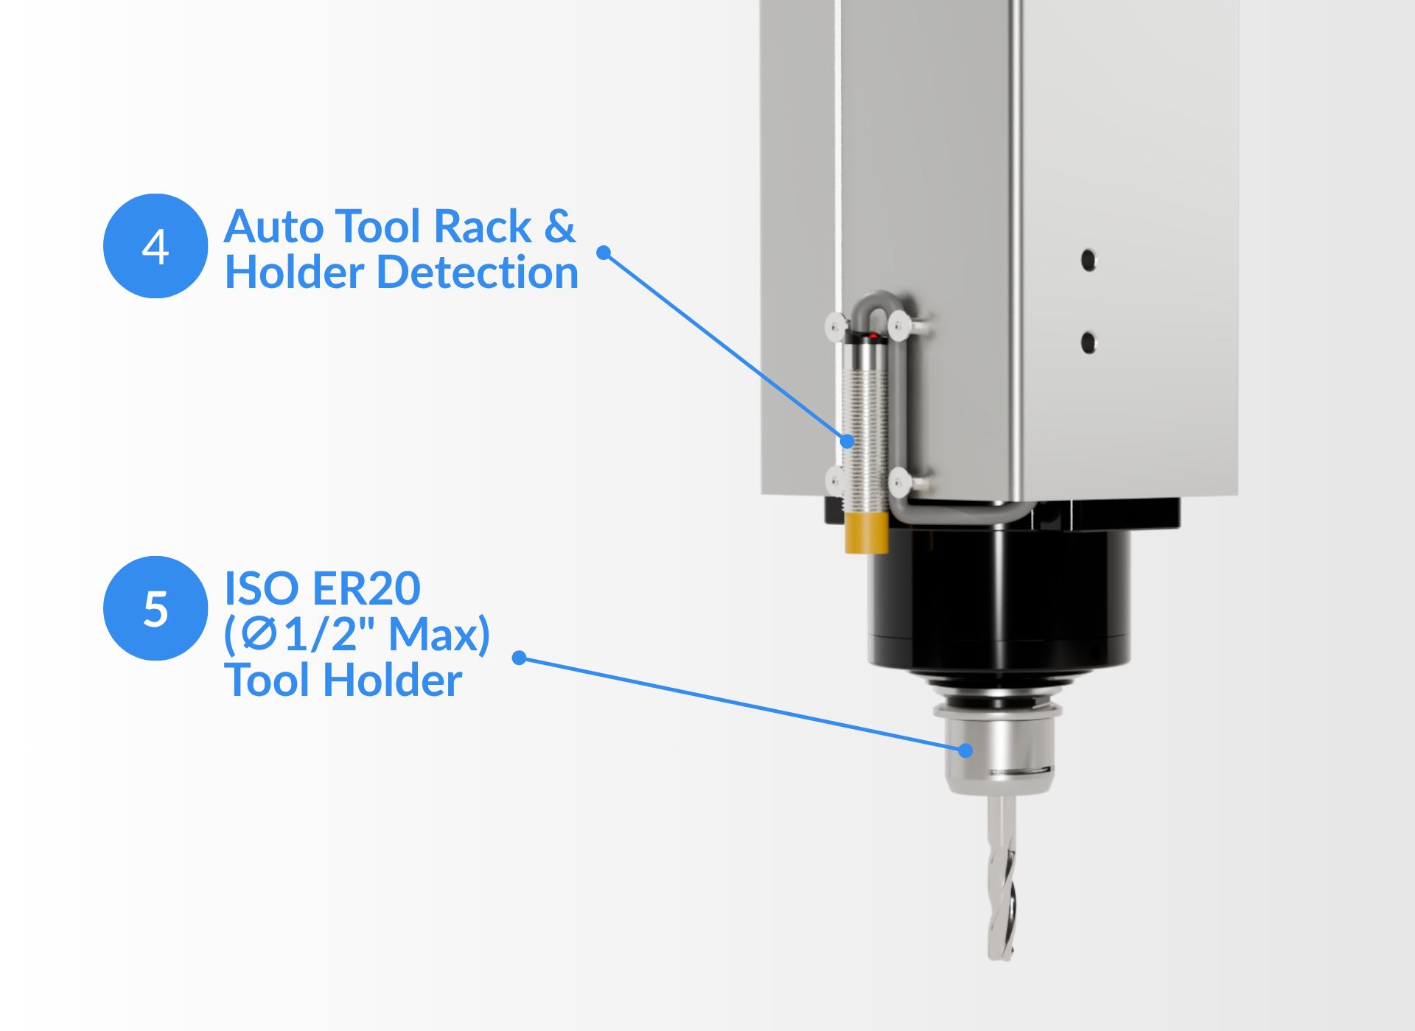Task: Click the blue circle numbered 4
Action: pyautogui.click(x=156, y=246)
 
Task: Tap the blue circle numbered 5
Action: pyautogui.click(x=156, y=608)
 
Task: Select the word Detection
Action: pyautogui.click(x=478, y=272)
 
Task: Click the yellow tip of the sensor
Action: pyautogui.click(x=866, y=532)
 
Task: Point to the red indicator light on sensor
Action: pyautogui.click(x=873, y=337)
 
